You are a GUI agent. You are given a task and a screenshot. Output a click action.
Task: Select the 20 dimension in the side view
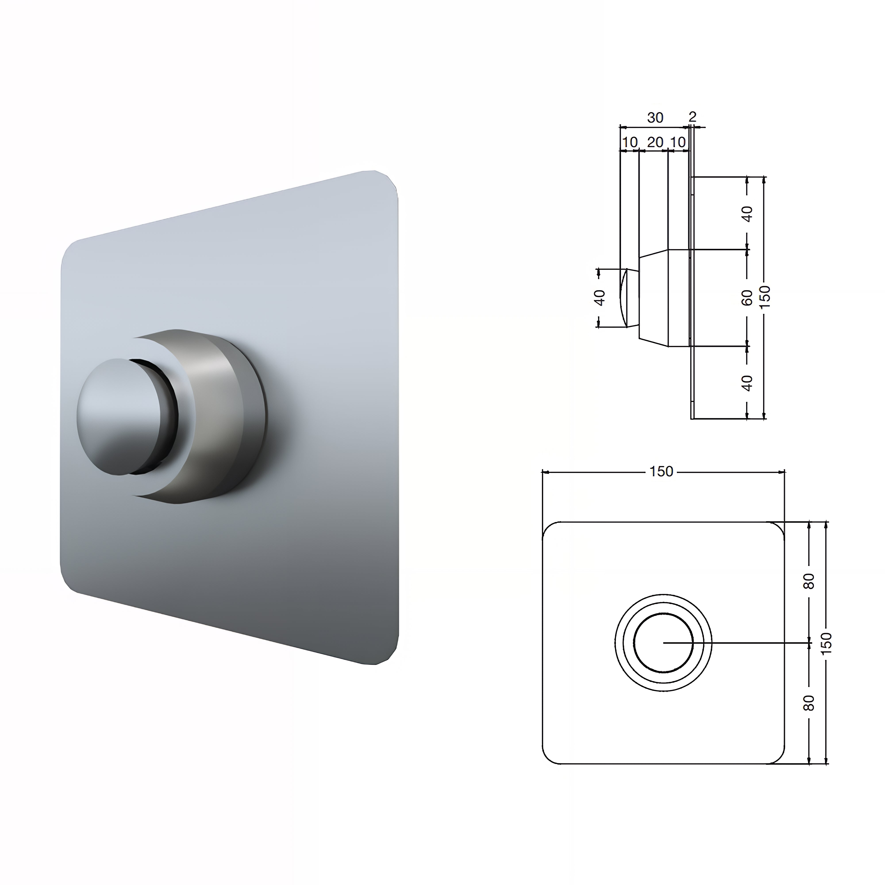click(x=655, y=142)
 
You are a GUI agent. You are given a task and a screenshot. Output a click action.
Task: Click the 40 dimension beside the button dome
click(x=600, y=298)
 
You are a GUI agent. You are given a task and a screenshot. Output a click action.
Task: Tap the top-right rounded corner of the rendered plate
click(x=387, y=181)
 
